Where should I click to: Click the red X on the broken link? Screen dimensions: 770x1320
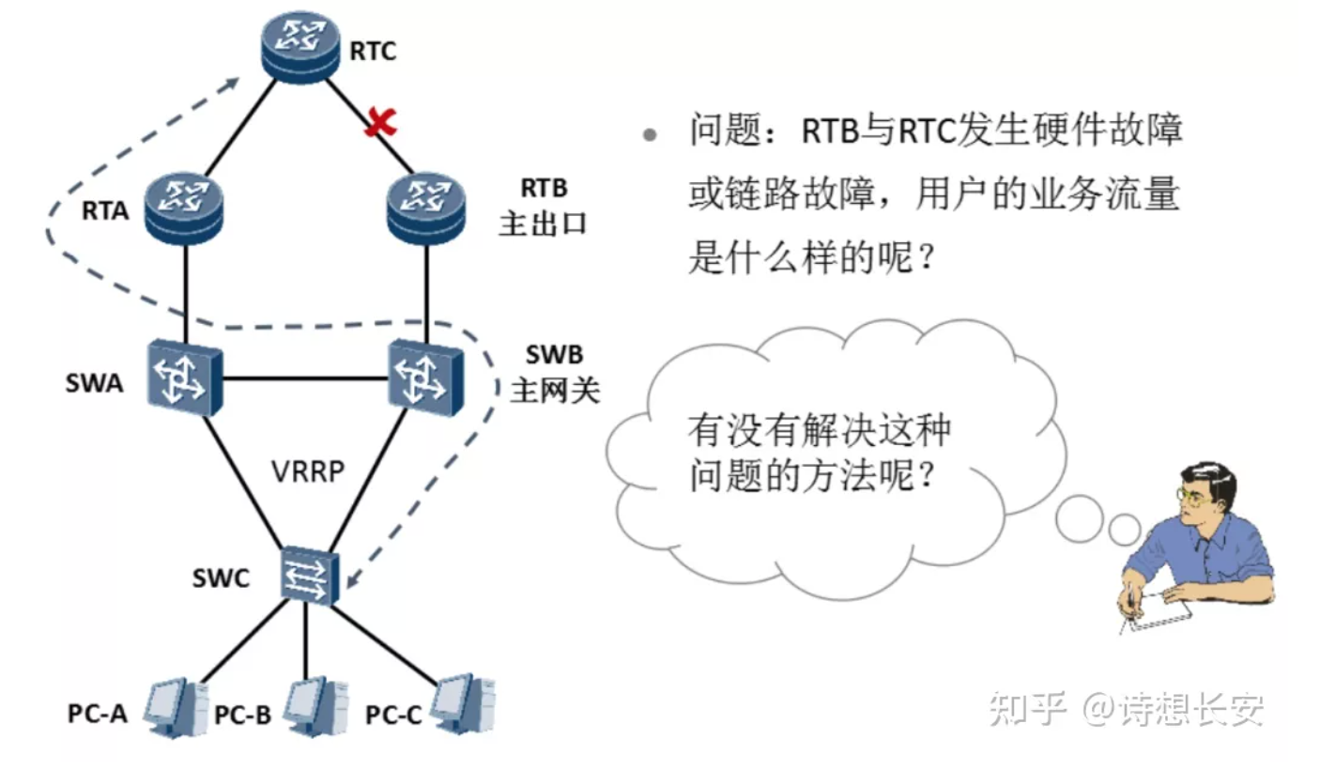(380, 123)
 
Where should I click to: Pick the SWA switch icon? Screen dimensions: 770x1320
(184, 377)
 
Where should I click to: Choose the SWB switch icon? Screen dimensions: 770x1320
(427, 377)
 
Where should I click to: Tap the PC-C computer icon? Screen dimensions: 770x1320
(464, 701)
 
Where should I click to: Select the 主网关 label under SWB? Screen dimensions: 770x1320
(554, 391)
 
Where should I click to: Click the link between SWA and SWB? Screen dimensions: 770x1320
(305, 379)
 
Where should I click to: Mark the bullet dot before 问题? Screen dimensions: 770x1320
(648, 135)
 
